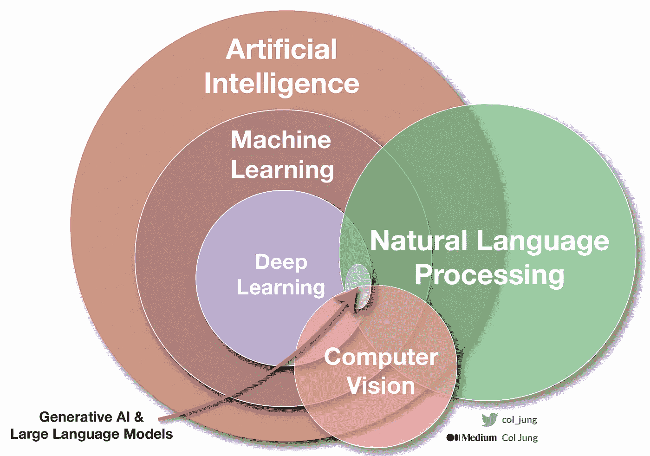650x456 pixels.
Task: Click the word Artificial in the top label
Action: tap(281, 50)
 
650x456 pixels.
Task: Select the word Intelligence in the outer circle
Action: tap(281, 84)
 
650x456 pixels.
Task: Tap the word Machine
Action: tap(281, 140)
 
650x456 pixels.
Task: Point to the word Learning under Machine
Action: tap(282, 170)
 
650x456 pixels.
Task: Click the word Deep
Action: tap(281, 262)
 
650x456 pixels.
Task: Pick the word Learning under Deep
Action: tap(281, 287)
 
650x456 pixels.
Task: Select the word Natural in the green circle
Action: tap(418, 241)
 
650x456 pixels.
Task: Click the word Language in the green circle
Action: tap(543, 242)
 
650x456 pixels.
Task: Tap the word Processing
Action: tap(489, 275)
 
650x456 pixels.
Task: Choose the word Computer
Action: tap(381, 357)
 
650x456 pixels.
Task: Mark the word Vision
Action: tap(381, 386)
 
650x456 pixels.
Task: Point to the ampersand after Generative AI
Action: tap(139, 417)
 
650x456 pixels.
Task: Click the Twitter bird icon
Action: tap(489, 419)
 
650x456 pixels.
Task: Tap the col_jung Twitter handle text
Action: tap(520, 420)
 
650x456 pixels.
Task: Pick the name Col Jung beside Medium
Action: tap(520, 437)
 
